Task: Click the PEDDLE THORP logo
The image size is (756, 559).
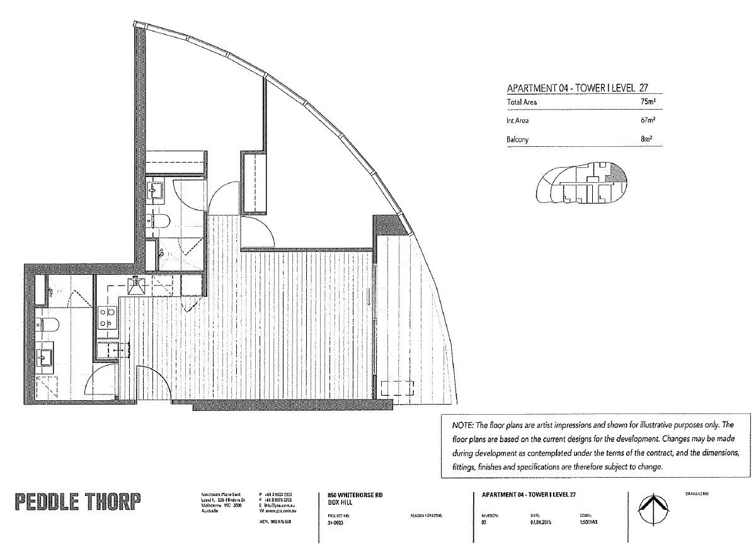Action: tap(77, 502)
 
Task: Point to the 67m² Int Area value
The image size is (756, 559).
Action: tap(647, 120)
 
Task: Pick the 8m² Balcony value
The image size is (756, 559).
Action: tap(648, 139)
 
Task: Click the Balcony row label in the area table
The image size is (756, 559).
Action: tap(518, 139)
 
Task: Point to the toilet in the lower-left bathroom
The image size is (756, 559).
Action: tap(49, 325)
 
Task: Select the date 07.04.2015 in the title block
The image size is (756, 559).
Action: tap(541, 521)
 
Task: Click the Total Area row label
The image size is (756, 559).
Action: tap(522, 101)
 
